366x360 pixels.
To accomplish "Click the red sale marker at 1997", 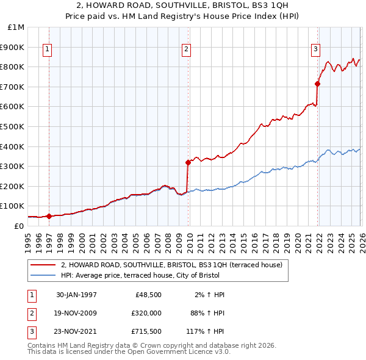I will point(49,216).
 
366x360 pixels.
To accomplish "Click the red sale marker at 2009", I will point(188,162).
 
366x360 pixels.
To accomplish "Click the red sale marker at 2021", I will point(318,84).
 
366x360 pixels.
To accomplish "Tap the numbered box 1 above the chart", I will point(47,50).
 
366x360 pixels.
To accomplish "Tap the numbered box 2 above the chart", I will point(186,50).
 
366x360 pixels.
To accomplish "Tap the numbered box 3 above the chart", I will point(315,50).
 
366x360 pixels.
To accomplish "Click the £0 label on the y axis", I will point(18,226).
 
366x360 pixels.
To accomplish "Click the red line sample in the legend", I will point(43,265).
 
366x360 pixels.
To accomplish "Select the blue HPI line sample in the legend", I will point(43,275).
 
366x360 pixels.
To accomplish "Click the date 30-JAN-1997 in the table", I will point(76,295).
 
